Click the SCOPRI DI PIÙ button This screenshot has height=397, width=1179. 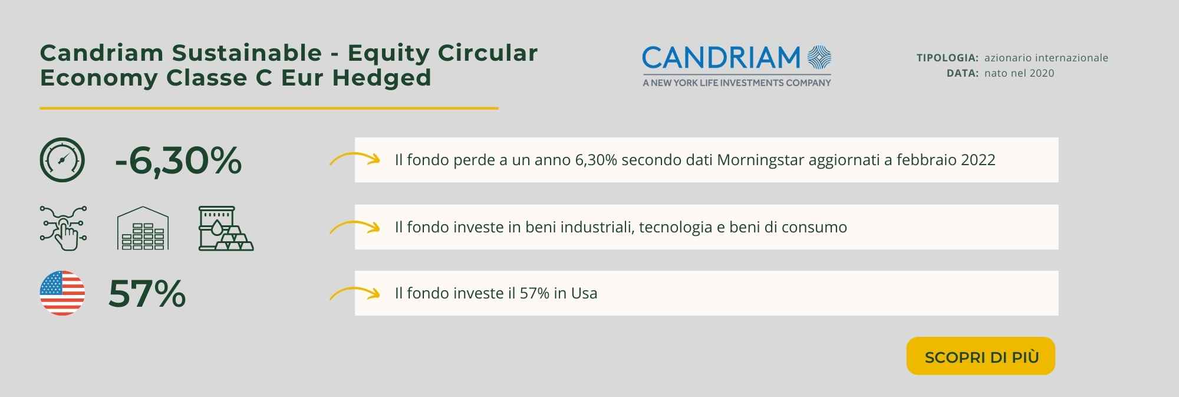(980, 356)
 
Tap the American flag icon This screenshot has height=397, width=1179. (62, 293)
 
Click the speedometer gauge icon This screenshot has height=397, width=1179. (62, 160)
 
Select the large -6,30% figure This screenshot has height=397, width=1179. (178, 160)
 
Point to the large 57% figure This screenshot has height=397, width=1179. (147, 294)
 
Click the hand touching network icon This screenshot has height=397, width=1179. (63, 228)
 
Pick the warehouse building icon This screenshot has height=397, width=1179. (143, 228)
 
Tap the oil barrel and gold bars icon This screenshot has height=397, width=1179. (226, 228)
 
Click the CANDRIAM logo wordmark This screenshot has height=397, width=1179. (721, 58)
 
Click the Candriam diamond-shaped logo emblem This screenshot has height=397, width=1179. (819, 57)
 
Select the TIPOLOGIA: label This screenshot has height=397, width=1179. (947, 58)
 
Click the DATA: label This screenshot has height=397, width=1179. (963, 73)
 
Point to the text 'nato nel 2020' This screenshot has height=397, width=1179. (1019, 73)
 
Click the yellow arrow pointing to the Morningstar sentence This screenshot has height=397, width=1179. (355, 159)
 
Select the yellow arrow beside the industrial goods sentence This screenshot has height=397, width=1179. (355, 227)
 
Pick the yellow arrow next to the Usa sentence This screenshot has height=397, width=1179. (355, 293)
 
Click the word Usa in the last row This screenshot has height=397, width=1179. (584, 293)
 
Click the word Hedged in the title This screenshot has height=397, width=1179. (382, 78)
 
